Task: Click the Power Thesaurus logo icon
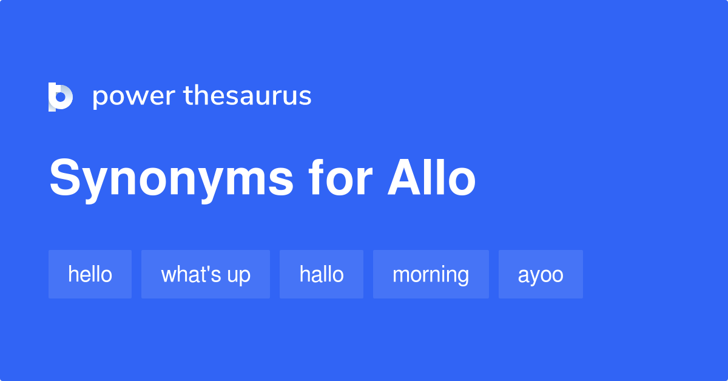pyautogui.click(x=60, y=97)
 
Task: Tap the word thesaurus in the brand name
pyautogui.click(x=248, y=96)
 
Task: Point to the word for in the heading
pyautogui.click(x=340, y=178)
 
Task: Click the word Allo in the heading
pyautogui.click(x=431, y=178)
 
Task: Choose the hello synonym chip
pyautogui.click(x=90, y=274)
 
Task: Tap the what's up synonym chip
pyautogui.click(x=205, y=274)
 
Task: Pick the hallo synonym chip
pyautogui.click(x=321, y=274)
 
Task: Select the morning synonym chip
pyautogui.click(x=431, y=274)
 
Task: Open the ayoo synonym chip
pyautogui.click(x=541, y=274)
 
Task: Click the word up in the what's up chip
pyautogui.click(x=238, y=275)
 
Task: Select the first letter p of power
pyautogui.click(x=99, y=98)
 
